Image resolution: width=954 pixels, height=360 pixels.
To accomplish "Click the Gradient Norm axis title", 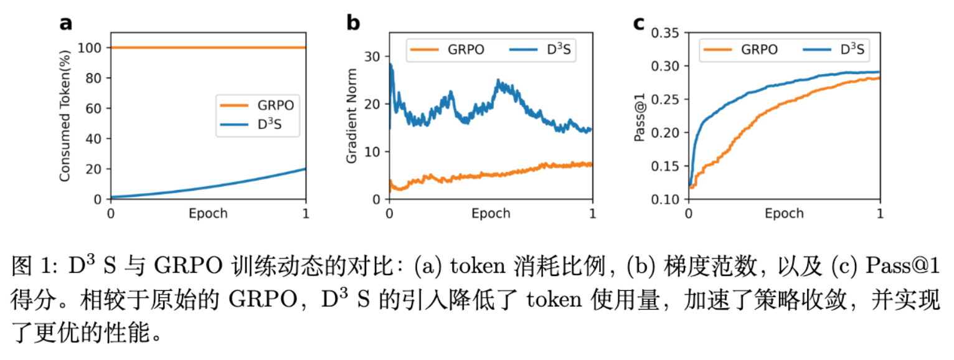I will tap(352, 123).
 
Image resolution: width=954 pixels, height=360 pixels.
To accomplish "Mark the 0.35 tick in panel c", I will tap(666, 32).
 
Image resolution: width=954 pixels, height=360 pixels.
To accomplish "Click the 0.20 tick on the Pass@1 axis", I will tap(666, 133).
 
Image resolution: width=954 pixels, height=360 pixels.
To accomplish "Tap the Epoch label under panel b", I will tap(491, 214).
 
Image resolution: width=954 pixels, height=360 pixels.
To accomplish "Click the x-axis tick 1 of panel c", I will tap(879, 214).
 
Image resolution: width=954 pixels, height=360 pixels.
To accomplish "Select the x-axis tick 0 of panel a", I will tap(111, 214).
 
